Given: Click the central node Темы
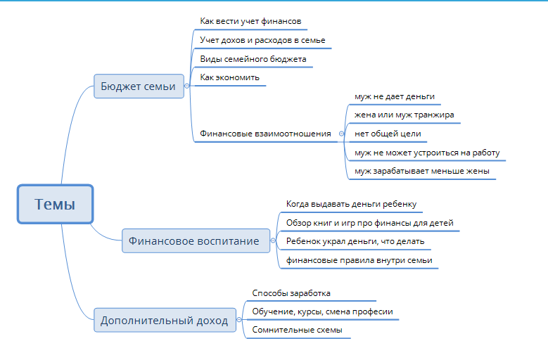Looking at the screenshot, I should click(54, 205).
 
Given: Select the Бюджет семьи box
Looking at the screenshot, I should click(139, 86).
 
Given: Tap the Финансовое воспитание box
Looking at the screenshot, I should click(193, 241).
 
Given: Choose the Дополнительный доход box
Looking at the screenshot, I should click(164, 321).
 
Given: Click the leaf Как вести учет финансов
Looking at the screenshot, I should click(250, 22).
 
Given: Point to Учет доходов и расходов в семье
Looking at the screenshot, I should click(262, 40).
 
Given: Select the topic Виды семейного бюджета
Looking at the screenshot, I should click(253, 59).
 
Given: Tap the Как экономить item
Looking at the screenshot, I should click(230, 77).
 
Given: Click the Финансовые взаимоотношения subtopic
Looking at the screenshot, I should click(265, 133).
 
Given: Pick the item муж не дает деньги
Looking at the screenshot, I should click(395, 96).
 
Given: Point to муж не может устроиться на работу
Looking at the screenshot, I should click(427, 152).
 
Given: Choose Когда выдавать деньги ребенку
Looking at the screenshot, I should click(352, 204).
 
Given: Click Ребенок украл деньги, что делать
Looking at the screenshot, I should click(355, 241).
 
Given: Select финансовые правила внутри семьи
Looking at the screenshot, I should click(359, 260).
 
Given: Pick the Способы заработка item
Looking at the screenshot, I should click(291, 292).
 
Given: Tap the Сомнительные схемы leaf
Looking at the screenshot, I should click(296, 330).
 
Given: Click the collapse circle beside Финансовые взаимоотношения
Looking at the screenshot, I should click(340, 133).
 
